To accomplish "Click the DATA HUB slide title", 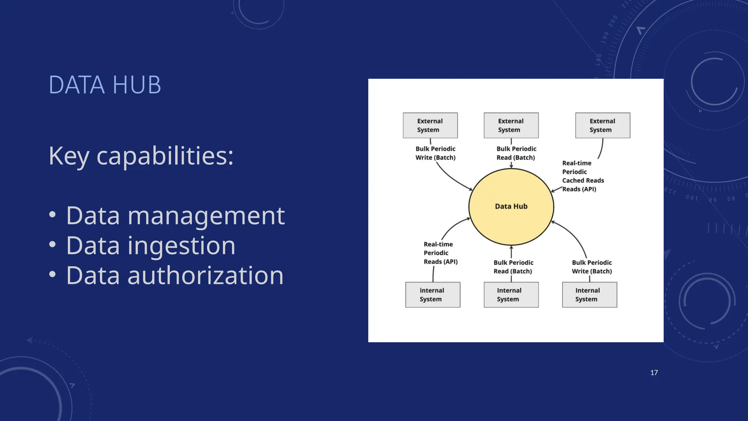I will tap(105, 85).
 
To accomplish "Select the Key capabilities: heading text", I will tap(141, 156).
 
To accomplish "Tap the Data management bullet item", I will tap(175, 216).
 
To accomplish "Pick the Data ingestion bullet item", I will tap(150, 246).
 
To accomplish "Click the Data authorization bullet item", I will tap(175, 276).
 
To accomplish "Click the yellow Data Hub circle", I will tap(511, 206).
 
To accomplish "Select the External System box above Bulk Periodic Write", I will tap(430, 125).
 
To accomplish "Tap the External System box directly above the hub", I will tap(511, 125).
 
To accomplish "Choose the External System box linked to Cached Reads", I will tap(603, 125).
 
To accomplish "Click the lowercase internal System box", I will tap(432, 295).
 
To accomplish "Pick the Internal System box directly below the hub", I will tap(511, 295).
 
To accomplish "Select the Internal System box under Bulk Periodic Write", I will tap(589, 295).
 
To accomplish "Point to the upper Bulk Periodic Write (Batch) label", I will tap(435, 153).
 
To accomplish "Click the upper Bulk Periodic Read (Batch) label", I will tap(516, 153).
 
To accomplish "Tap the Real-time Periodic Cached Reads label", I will tap(583, 176).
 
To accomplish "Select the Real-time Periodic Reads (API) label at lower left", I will tap(440, 253).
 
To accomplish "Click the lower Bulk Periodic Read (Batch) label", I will tap(513, 267).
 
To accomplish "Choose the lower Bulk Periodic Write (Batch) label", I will tap(592, 267).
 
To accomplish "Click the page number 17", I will tap(654, 373).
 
